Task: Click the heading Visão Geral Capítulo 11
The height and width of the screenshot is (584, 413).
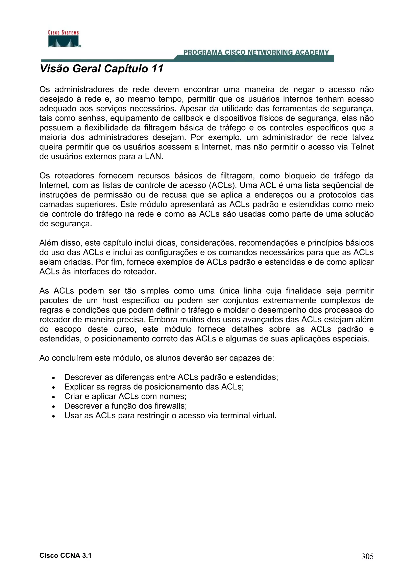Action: click(x=101, y=69)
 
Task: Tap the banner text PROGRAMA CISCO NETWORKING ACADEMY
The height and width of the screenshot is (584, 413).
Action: click(x=256, y=52)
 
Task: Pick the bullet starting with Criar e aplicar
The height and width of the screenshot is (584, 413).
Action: click(x=125, y=396)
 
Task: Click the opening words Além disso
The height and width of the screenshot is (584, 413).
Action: click(x=60, y=243)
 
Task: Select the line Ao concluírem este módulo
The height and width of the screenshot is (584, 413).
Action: click(x=156, y=358)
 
